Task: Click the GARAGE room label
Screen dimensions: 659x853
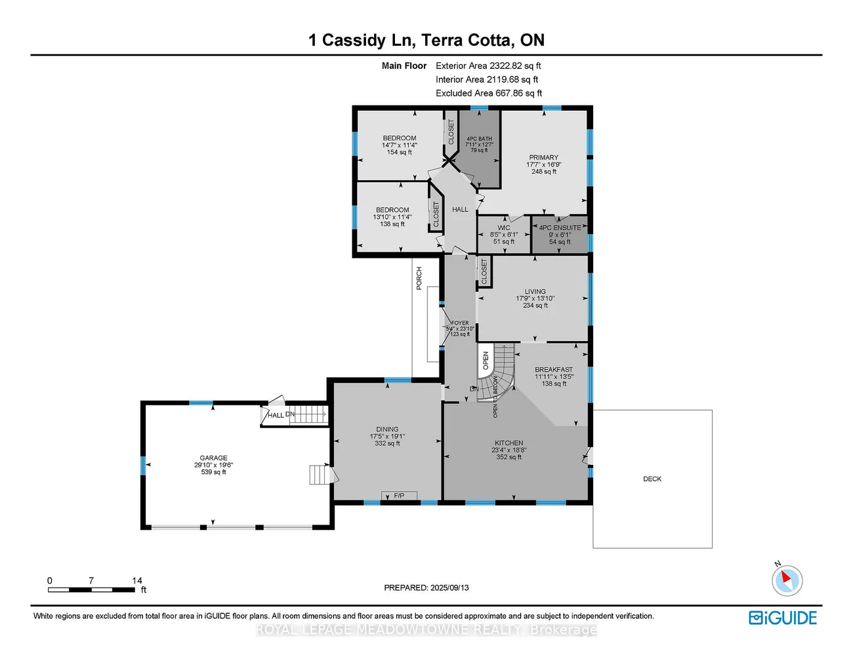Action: coord(213,458)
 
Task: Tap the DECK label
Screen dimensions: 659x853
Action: coord(652,479)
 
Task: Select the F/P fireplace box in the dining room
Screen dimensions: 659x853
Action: coord(399,496)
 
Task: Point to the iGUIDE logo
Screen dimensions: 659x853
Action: coord(783,618)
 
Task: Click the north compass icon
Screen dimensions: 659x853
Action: coord(786,580)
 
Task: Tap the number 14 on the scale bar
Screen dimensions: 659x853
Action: coord(136,580)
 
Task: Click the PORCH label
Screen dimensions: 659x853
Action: coord(419,278)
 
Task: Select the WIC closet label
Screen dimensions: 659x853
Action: coord(504,228)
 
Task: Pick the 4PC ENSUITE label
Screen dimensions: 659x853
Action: coord(560,228)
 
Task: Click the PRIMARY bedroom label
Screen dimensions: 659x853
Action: coord(544,157)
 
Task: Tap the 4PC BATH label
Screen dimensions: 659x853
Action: coord(479,139)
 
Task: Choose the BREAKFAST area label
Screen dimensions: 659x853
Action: coord(554,370)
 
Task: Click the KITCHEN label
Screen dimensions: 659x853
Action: coord(509,443)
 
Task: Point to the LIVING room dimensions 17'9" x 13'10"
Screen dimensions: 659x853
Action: coord(535,298)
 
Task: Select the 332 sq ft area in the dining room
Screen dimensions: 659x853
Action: coord(387,444)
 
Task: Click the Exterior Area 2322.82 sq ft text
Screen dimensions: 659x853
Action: coord(488,66)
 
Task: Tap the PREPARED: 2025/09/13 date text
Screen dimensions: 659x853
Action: coord(427,588)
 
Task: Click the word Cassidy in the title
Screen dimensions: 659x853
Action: coord(354,41)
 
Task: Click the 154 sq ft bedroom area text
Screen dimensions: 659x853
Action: coord(399,153)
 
